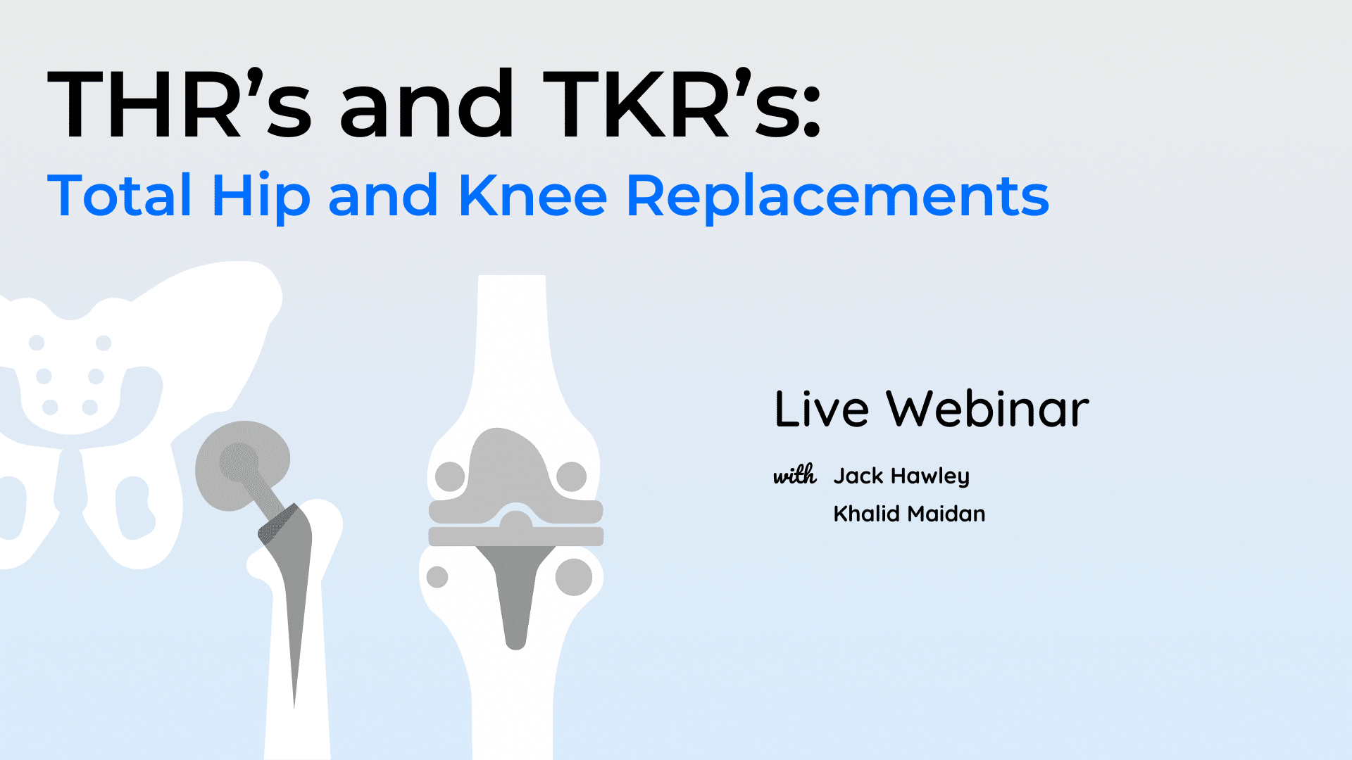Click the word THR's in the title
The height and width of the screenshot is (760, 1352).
pos(180,104)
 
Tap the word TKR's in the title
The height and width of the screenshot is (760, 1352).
pos(681,104)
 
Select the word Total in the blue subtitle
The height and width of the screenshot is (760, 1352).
pos(119,195)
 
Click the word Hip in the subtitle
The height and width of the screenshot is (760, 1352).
pos(261,198)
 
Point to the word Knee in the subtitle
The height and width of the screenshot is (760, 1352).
pos(532,195)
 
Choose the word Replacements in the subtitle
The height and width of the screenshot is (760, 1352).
pos(838,198)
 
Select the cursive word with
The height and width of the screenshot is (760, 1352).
pos(795,475)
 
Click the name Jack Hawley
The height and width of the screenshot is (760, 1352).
pos(901,476)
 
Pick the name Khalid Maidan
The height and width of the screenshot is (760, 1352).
pos(909,514)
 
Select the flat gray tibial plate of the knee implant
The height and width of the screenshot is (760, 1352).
pos(516,536)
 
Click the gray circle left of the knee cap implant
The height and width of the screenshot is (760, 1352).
pos(450,476)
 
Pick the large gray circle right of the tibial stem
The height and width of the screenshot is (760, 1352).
pos(574,577)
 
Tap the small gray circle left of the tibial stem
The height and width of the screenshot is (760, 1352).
pos(437,577)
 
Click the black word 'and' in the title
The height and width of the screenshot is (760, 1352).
pos(427,104)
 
